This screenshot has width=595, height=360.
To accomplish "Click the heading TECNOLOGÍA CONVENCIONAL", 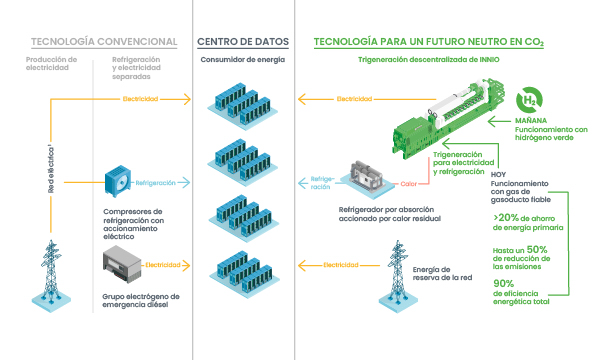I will coord(104,43).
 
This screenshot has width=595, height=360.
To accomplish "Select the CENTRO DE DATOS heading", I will coord(244,43).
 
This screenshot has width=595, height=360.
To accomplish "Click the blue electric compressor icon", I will coord(120,186).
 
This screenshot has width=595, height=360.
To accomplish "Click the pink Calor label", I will coord(407,184).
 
